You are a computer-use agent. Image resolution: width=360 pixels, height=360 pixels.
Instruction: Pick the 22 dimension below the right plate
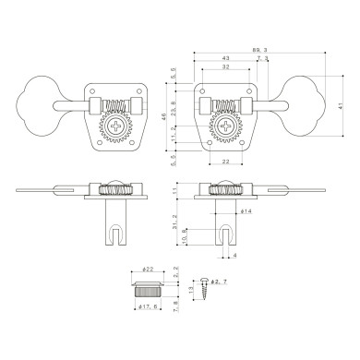point(226,162)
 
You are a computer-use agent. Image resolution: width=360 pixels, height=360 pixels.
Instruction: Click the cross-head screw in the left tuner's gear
point(118,124)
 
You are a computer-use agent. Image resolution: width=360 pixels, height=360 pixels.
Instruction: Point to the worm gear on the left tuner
point(118,104)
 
